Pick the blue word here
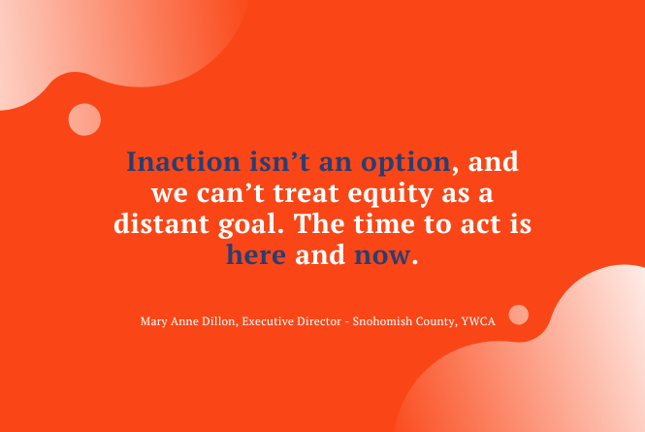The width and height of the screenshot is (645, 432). (x=256, y=255)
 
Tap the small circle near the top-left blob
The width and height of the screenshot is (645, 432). (x=85, y=118)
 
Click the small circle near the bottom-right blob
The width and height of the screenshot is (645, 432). (x=519, y=315)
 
